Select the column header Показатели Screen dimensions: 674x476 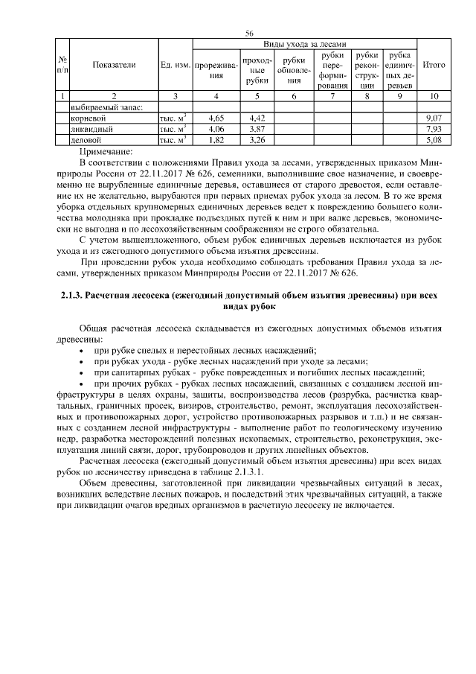tap(114, 65)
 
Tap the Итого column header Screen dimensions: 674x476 tap(433, 65)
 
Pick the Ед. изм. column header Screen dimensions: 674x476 tap(176, 65)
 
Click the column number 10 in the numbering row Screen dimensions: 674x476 tap(433, 95)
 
